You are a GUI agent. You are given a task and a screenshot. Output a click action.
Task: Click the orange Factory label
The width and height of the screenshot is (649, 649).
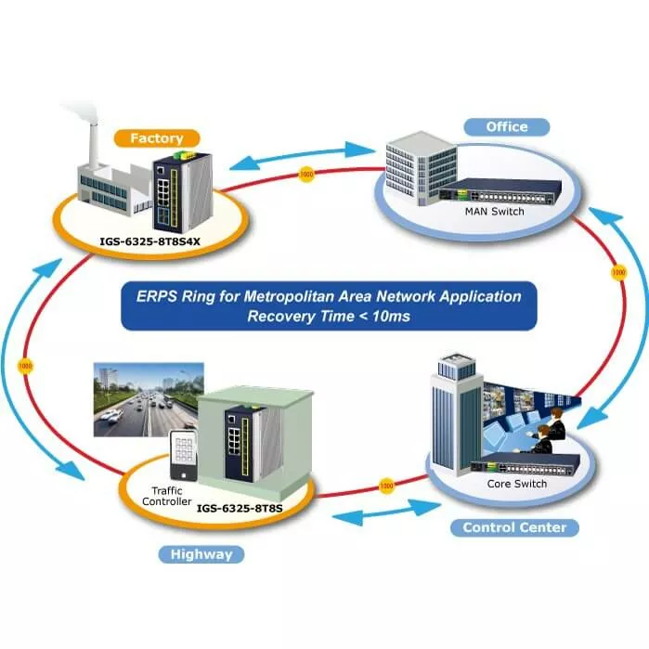tap(156, 138)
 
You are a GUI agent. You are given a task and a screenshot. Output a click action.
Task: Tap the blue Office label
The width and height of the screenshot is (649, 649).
tap(506, 126)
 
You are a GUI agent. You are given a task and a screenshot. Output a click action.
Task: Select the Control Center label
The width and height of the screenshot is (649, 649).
tap(513, 527)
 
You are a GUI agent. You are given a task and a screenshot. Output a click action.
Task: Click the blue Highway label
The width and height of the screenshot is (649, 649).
tap(201, 555)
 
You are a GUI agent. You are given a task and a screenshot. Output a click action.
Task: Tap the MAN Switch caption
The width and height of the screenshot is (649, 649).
tap(494, 212)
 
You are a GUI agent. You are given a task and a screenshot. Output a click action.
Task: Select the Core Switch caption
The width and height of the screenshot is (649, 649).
tap(516, 484)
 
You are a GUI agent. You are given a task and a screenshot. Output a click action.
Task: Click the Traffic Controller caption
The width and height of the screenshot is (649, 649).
tap(165, 496)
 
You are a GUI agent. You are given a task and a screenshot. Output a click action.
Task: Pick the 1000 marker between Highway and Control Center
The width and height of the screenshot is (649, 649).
tap(386, 485)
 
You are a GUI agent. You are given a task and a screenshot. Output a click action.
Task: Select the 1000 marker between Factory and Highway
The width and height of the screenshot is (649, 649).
tap(26, 365)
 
